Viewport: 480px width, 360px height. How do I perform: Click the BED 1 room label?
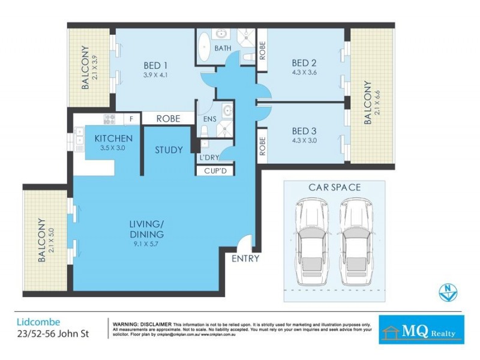(155, 65)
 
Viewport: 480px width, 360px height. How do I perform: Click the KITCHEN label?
(113, 139)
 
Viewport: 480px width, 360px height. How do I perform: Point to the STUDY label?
(169, 150)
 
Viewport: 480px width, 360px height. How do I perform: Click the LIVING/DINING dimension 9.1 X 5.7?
(146, 245)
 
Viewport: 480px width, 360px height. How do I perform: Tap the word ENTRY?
(245, 259)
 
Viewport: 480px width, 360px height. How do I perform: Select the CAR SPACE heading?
(334, 187)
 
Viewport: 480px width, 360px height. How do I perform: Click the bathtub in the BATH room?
(204, 47)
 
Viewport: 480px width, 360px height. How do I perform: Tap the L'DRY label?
(208, 158)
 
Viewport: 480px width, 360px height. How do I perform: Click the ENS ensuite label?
(209, 119)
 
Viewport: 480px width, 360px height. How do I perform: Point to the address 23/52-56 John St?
(52, 334)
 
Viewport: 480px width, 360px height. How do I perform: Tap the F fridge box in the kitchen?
(131, 119)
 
